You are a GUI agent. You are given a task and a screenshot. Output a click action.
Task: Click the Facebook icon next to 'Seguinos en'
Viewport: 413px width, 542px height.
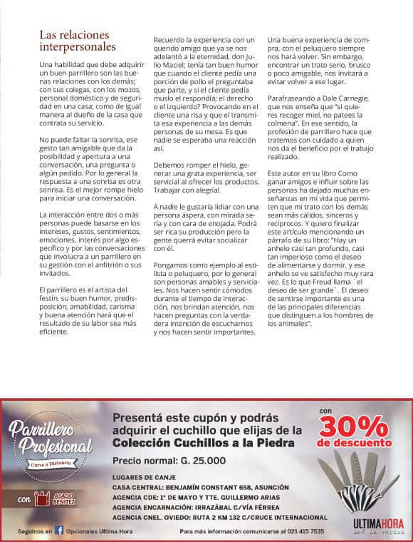[x=60, y=531]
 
